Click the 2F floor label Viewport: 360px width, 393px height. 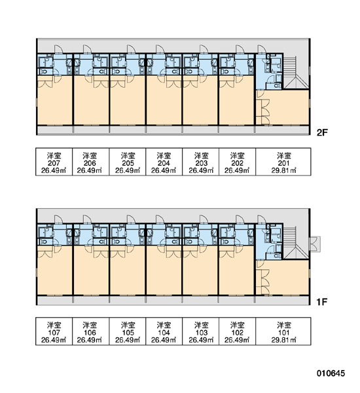(x=322, y=132)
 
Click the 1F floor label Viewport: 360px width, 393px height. (x=322, y=302)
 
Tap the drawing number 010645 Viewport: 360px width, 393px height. (x=331, y=373)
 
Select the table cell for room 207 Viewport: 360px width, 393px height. (x=54, y=162)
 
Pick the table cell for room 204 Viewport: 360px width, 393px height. (x=164, y=162)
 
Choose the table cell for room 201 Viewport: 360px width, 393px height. (x=283, y=162)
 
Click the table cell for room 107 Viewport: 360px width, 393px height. (x=54, y=331)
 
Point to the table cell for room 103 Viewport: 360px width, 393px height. (x=201, y=331)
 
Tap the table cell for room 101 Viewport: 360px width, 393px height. (x=283, y=331)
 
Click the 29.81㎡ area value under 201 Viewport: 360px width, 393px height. (x=283, y=170)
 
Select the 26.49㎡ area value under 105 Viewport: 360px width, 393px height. (x=128, y=340)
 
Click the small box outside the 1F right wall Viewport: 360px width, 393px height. (x=315, y=244)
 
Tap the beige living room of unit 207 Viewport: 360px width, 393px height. (x=55, y=100)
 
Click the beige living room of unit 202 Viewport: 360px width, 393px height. (x=236, y=100)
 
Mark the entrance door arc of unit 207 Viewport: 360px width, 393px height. (x=59, y=48)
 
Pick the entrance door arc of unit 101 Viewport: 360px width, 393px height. (x=262, y=219)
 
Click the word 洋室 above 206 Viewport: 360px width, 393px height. (x=90, y=155)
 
